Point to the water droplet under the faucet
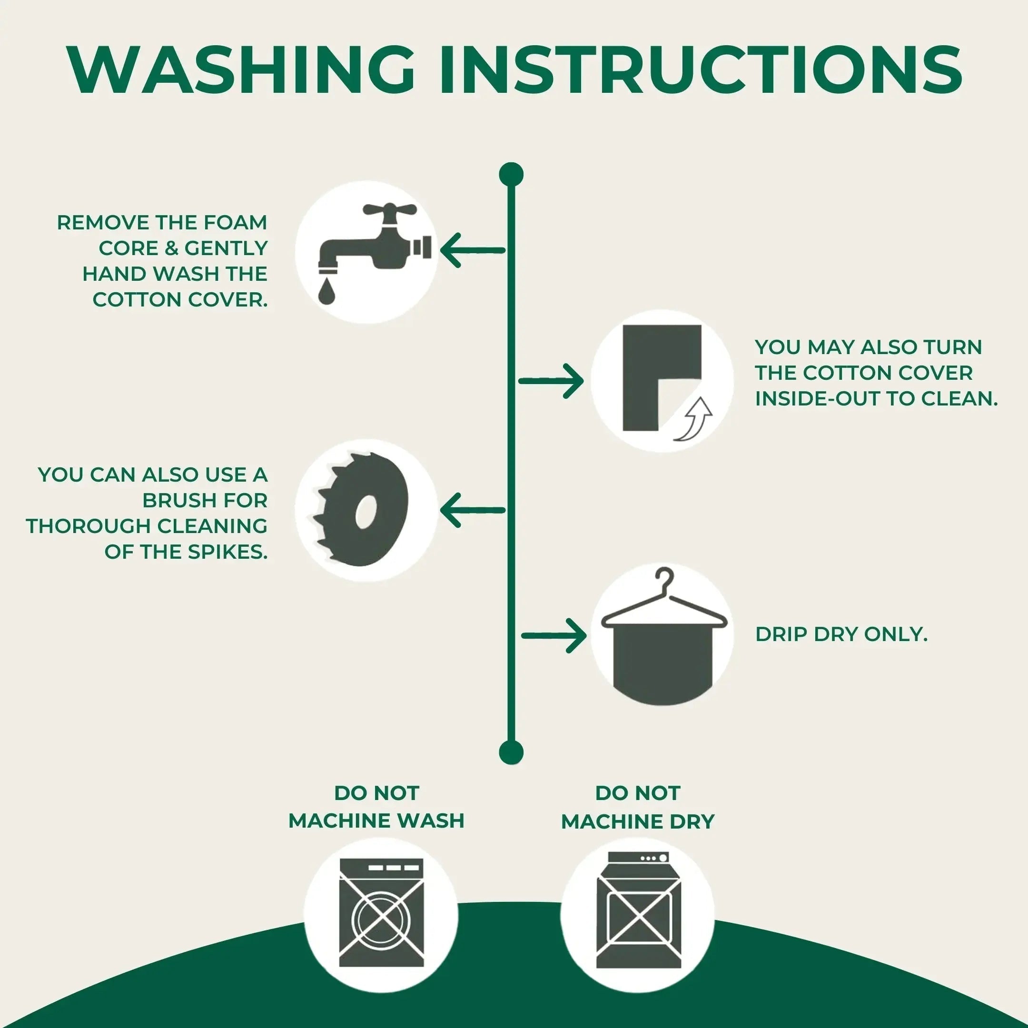coord(326,292)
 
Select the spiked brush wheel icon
coord(360,510)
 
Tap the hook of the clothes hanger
coord(665,578)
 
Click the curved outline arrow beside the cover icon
coord(695,419)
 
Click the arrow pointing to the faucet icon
coord(473,250)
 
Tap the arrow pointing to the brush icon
coord(473,510)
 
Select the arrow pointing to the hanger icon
coord(554,636)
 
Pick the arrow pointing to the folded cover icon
coord(551,381)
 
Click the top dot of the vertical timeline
coord(511,175)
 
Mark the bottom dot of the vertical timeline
coord(511,752)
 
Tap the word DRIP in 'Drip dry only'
coord(781,634)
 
